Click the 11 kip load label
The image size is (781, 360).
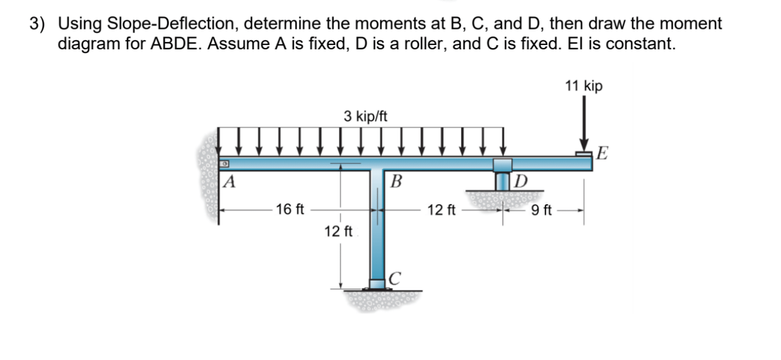pyautogui.click(x=583, y=87)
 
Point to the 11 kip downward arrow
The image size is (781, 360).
pyautogui.click(x=584, y=129)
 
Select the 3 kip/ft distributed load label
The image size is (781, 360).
pyautogui.click(x=366, y=116)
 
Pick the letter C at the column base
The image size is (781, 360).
pyautogui.click(x=394, y=278)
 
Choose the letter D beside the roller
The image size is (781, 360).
pyautogui.click(x=521, y=180)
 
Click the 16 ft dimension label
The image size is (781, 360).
pyautogui.click(x=290, y=210)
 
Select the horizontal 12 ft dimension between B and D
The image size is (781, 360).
pyautogui.click(x=441, y=210)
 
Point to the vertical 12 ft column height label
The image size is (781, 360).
pyautogui.click(x=339, y=231)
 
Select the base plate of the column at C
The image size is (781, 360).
pyautogui.click(x=378, y=285)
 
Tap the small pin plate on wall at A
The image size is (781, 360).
pyautogui.click(x=224, y=163)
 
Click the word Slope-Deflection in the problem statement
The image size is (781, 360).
pyautogui.click(x=173, y=24)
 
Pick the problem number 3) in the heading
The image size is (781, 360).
pyautogui.click(x=38, y=24)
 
